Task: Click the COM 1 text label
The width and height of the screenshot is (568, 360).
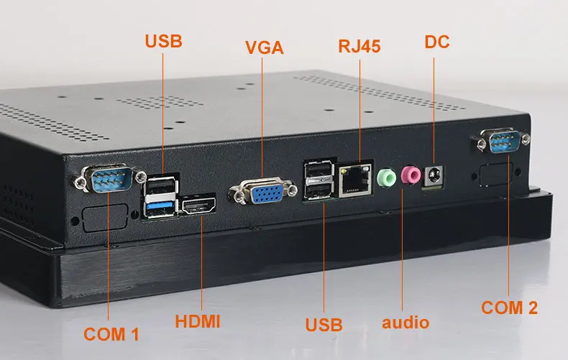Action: [x=111, y=333]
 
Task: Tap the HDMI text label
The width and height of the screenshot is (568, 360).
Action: [x=198, y=320]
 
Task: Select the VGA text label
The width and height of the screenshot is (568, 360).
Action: [x=265, y=48]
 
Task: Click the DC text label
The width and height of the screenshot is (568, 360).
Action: [x=437, y=42]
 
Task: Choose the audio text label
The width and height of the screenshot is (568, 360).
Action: [x=406, y=321]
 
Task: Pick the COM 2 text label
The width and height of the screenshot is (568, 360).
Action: [x=509, y=308]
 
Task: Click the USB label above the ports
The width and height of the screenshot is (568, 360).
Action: [x=164, y=40]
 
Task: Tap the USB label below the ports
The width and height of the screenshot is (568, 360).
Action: [x=324, y=324]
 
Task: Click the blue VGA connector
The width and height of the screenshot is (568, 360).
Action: [x=262, y=193]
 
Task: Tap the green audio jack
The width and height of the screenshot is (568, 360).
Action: [x=387, y=176]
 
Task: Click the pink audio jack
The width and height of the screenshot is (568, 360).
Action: [x=411, y=175]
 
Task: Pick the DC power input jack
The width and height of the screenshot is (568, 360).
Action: [x=434, y=175]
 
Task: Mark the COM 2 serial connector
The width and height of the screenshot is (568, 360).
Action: [x=500, y=142]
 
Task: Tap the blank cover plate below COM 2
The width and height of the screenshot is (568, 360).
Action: [x=496, y=175]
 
